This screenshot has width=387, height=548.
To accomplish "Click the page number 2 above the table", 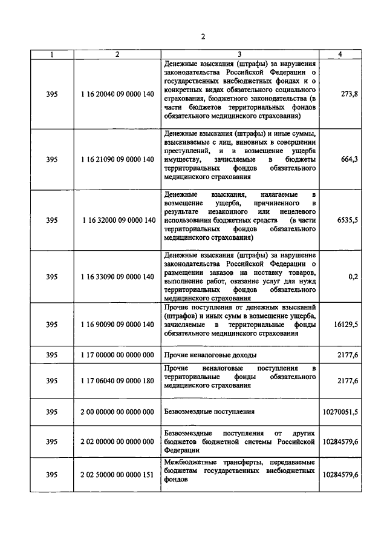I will pos(203,37).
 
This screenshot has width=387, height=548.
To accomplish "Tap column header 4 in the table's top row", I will pos(340,54).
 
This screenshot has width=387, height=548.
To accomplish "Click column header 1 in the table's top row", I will pos(52,54).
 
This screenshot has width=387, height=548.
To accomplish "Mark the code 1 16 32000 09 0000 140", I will pos(117,220).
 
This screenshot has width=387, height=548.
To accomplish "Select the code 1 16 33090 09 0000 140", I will pos(117,277).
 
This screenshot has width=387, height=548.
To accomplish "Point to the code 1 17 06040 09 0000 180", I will pos(117,380).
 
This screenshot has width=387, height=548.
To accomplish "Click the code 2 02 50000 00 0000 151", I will pos(117,474).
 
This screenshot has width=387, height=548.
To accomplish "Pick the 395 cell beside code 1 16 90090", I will pos(52,324).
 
